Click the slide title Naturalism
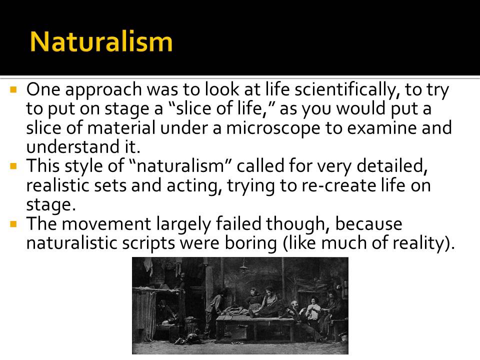coord(101,42)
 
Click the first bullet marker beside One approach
coord(14,91)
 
